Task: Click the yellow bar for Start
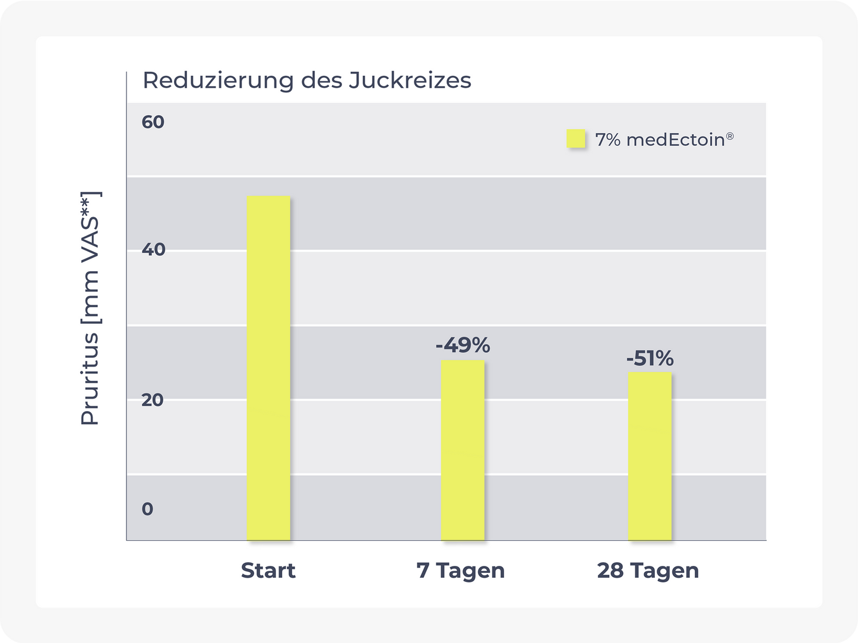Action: click(268, 368)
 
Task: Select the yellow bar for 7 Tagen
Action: click(463, 450)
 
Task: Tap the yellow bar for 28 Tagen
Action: click(650, 456)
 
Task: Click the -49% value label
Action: click(463, 345)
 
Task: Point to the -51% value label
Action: click(650, 358)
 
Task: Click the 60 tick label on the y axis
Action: click(153, 122)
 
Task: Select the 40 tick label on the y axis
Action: click(153, 249)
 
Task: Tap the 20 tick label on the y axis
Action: click(153, 400)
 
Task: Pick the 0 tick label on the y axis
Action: click(147, 509)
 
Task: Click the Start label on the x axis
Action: click(268, 571)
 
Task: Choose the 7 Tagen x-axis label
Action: click(461, 571)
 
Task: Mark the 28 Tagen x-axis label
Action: click(648, 571)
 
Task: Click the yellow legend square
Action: click(575, 139)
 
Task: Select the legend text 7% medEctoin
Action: click(660, 140)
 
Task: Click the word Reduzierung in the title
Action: click(218, 81)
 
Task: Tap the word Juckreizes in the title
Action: click(410, 81)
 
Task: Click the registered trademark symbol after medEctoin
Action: click(730, 136)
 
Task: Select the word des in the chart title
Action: click(321, 81)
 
